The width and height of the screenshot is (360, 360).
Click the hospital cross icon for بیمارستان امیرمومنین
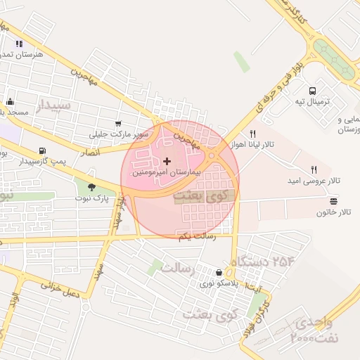point(167,161)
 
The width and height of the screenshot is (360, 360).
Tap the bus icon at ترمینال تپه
point(313,90)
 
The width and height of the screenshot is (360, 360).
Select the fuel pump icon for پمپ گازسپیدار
point(44,150)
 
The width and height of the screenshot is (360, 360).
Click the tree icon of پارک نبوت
point(91,187)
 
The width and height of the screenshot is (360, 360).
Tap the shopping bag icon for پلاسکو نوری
point(220,273)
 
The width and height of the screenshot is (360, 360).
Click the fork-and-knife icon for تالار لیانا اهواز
point(252,133)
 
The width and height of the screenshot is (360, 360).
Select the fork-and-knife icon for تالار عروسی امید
point(314,169)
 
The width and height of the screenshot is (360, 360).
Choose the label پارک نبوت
point(92,198)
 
